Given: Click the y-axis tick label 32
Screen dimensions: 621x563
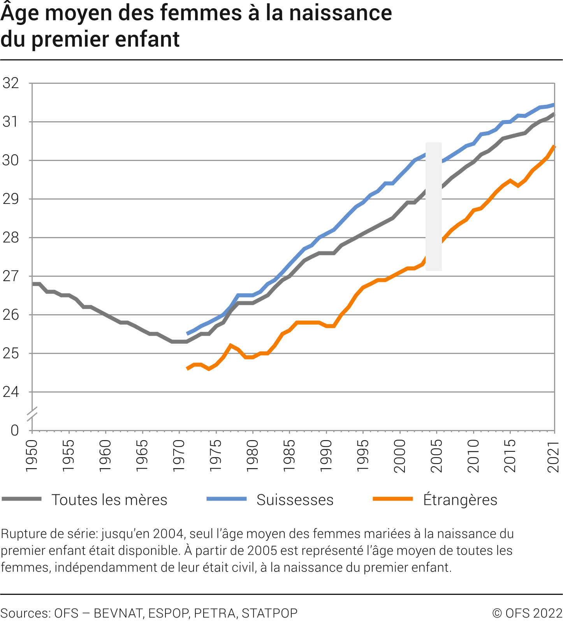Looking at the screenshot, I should click(11, 83).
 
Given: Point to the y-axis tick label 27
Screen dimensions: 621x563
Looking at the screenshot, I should click(11, 276).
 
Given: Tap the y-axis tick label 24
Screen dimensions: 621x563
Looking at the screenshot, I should click(11, 392).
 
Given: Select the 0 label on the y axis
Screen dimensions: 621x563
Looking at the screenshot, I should click(14, 431).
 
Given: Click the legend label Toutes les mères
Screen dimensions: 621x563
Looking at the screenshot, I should click(109, 500).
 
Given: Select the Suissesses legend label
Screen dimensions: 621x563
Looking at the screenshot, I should click(295, 500).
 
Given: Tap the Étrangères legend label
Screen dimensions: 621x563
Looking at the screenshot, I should click(460, 499).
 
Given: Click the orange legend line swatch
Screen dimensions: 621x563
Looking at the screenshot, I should click(392, 499).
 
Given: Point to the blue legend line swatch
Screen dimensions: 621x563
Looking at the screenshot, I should click(226, 499).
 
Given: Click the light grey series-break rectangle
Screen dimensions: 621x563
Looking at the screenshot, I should click(433, 206).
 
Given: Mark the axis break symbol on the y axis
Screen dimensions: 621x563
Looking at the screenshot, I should click(32, 414).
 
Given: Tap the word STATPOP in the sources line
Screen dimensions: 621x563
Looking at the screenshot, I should click(269, 613).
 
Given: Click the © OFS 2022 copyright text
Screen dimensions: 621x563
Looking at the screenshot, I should click(527, 613).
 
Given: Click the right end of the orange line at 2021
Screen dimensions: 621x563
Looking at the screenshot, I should click(554, 147).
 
